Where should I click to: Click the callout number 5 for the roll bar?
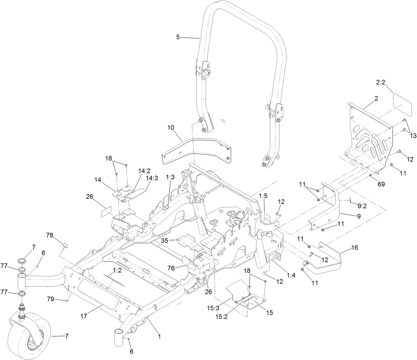coord(178,37)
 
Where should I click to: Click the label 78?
coord(50,235)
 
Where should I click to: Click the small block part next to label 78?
coord(65,245)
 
